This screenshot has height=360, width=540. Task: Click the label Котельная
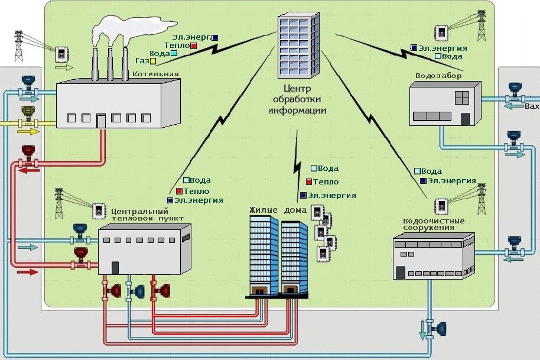(x=156, y=74)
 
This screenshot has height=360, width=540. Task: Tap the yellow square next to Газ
(x=153, y=61)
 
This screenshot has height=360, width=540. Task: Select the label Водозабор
(x=438, y=76)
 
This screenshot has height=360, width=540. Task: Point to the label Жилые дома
(x=278, y=210)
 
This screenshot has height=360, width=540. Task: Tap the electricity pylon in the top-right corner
(x=482, y=25)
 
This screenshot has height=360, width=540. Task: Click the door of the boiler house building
(x=101, y=121)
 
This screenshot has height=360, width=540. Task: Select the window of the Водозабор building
(x=461, y=97)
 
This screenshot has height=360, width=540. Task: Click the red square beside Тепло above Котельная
(x=194, y=45)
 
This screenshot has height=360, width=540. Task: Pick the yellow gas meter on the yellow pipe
(x=27, y=113)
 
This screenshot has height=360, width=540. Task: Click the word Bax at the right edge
(x=532, y=107)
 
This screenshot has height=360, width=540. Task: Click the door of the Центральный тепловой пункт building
(x=115, y=268)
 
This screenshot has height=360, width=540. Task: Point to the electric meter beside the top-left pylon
(x=61, y=54)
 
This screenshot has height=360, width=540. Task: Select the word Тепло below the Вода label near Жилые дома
(x=326, y=182)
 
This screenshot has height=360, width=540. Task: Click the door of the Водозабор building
(x=465, y=119)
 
